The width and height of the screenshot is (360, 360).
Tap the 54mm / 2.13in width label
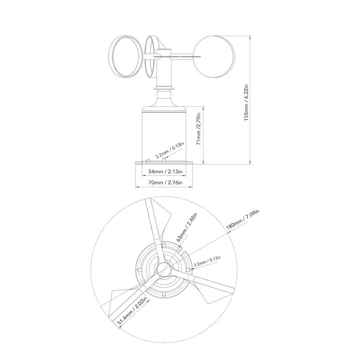[164, 171]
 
